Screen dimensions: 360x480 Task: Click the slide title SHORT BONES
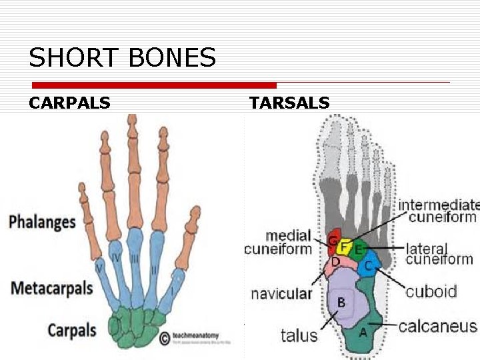(122, 58)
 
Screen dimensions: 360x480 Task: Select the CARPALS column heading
(69, 103)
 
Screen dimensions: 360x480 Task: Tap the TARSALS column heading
(289, 103)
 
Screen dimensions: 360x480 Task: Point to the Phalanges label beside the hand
(42, 221)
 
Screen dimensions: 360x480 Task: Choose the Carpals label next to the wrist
(72, 329)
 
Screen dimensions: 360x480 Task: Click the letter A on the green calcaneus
(363, 331)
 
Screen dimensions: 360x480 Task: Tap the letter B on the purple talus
(341, 302)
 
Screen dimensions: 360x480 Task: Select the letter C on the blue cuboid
(368, 265)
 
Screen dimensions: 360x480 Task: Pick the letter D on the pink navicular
(335, 261)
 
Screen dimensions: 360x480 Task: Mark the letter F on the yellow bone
(343, 247)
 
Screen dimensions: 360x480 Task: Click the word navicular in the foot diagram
(281, 293)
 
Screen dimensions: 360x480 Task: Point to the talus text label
(299, 335)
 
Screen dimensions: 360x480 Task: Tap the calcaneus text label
(438, 326)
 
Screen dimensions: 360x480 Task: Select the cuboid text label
(431, 291)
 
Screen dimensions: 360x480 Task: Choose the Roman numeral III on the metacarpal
(136, 257)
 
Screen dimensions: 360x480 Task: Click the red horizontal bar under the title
(154, 85)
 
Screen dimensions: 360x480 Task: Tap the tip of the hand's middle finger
(132, 119)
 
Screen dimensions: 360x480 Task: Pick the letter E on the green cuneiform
(358, 250)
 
